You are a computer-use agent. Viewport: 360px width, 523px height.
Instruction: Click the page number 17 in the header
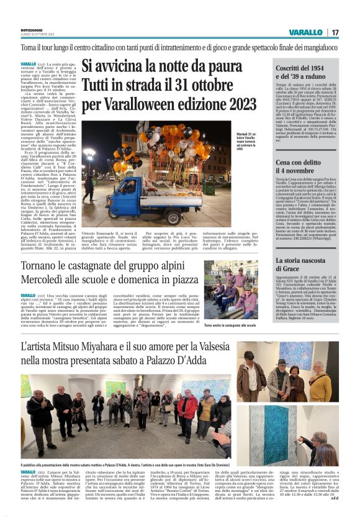[335, 32]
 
